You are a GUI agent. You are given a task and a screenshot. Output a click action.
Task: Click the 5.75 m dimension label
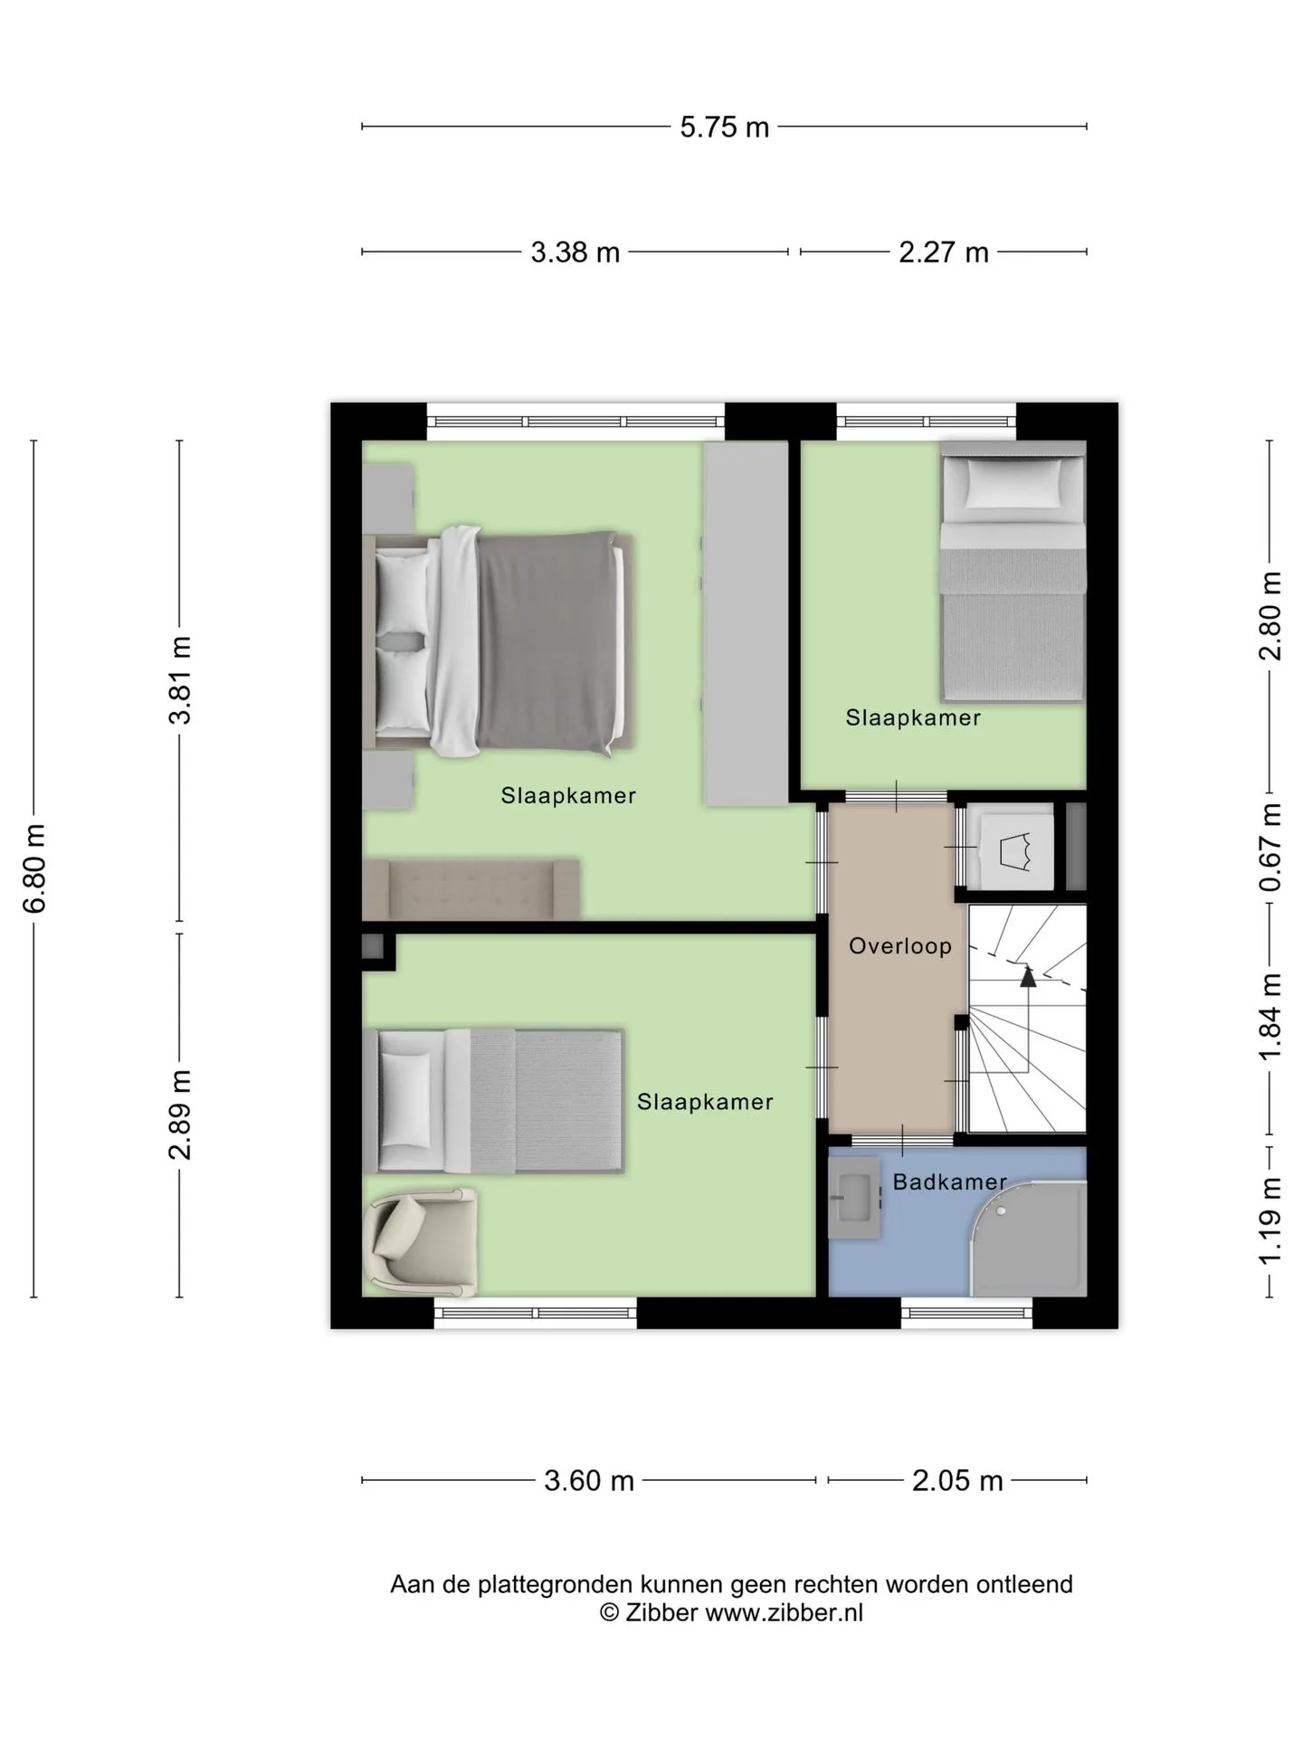point(724,128)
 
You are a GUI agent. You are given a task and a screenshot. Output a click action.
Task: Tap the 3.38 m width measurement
point(575,252)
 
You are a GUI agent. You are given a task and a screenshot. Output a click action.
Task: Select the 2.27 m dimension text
point(943,252)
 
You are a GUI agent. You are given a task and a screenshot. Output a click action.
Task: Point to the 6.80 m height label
point(34,868)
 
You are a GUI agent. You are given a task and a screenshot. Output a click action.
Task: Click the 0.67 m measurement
point(1270,847)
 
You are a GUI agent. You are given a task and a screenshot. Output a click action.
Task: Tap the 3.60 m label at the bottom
point(589,1481)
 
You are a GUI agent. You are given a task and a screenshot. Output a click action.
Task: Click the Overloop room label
point(900,946)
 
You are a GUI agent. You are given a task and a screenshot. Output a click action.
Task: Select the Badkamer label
point(949,1182)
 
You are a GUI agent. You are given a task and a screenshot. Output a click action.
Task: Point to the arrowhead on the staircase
point(1027,975)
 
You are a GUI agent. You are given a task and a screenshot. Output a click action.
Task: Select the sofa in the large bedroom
point(471,889)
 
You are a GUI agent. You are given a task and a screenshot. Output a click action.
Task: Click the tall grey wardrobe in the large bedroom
point(746,623)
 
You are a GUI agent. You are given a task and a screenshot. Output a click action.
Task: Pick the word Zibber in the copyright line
point(661,1612)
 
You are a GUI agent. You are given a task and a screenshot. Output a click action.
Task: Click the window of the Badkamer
point(966,1313)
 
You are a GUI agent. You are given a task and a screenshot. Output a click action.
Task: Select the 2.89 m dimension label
point(180,1115)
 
